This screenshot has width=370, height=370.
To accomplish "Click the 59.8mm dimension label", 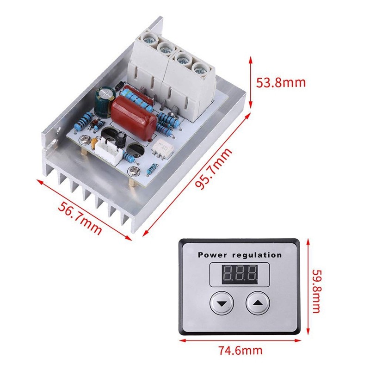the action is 316,291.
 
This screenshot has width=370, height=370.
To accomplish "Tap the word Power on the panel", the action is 213,255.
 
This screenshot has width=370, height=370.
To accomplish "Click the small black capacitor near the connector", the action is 120,138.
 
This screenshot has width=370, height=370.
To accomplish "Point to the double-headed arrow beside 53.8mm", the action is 251,82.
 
